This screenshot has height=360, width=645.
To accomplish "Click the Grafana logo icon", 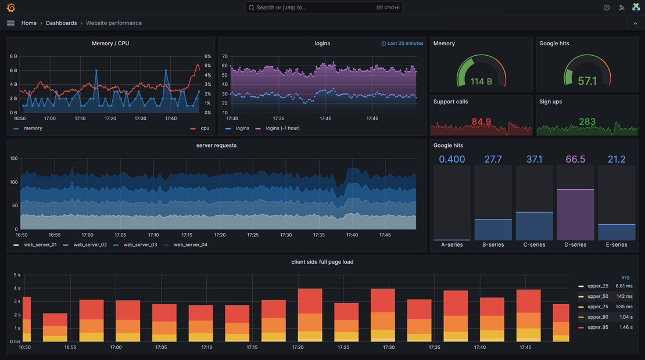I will pos(10,8).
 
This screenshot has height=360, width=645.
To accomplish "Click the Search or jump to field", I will pos(314,8).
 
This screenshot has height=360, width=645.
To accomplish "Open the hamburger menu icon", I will pos(10,23).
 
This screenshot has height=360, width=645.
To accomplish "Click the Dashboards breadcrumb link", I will pos(61,23).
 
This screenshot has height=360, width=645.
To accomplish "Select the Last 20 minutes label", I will pos(405,44).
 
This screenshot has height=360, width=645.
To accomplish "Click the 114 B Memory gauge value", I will pos(481,81).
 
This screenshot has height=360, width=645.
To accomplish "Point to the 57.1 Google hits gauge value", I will pos(587,81).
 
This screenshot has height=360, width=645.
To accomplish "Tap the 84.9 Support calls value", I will pos(481,121).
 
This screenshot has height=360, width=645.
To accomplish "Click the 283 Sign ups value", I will pos(587,121).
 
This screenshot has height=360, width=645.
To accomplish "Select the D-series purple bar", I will pos(575,215).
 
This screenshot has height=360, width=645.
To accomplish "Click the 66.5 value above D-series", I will pos(575,159).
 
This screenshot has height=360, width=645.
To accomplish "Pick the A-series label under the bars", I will pos(452,244).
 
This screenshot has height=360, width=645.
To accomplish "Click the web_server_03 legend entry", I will pos(139,244).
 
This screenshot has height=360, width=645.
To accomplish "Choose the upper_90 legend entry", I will pos(597,316).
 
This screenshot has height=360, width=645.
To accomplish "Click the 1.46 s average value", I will pos(624,327).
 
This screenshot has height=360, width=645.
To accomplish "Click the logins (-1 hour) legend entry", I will pos(282,128).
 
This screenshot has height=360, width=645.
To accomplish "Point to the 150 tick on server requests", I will pos(13,159).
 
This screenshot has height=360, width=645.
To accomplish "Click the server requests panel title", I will pos(216,145).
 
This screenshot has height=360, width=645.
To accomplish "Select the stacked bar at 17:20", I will pos(310,314).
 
